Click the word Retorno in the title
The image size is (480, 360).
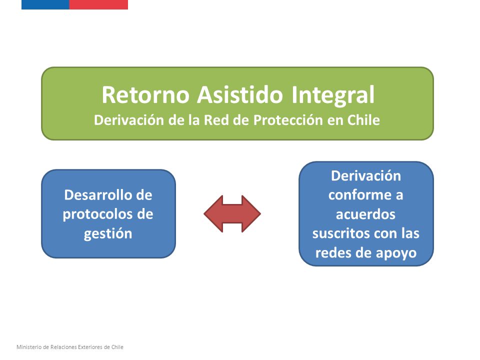click(x=145, y=94)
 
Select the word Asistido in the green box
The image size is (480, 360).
click(x=239, y=94)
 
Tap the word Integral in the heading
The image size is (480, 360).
click(x=333, y=95)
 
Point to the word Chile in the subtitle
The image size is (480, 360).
click(x=363, y=120)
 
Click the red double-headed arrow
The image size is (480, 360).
click(x=232, y=213)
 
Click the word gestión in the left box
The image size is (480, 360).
click(x=108, y=234)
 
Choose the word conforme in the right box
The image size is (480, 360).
click(x=359, y=195)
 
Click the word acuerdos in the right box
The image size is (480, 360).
click(x=366, y=214)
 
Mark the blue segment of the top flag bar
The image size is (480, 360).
click(x=45, y=4)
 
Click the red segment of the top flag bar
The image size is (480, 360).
click(x=98, y=4)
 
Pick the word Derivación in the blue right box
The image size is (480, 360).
click(x=366, y=176)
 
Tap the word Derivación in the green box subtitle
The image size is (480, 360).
click(x=129, y=120)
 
